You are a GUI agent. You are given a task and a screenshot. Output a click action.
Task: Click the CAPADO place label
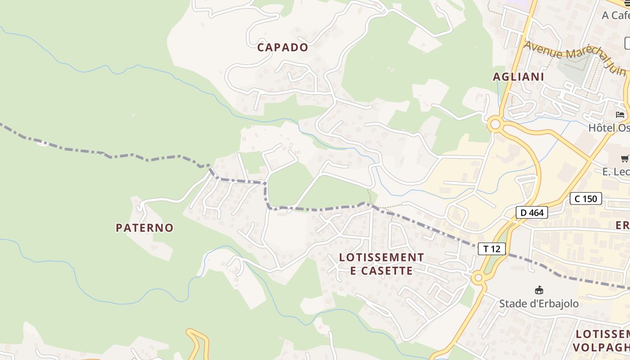click(x=283, y=47)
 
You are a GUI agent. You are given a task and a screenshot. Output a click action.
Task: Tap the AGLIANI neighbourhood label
click(x=518, y=76)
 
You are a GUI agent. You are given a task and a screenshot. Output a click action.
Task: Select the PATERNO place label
click(x=144, y=228)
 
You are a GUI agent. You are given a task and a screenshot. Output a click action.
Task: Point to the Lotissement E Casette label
click(x=381, y=264)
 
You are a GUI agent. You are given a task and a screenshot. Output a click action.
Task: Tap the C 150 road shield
click(x=585, y=198)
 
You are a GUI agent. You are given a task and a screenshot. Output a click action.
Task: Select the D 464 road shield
click(x=531, y=212)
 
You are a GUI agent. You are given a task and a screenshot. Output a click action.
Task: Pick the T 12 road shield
click(x=491, y=248)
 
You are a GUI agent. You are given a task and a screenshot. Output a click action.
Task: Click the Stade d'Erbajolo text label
click(x=539, y=304)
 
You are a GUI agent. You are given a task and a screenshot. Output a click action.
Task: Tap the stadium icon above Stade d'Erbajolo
click(x=539, y=289)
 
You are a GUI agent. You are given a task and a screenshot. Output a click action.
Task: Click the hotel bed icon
click(x=621, y=115)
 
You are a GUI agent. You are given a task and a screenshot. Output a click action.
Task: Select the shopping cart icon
click(x=625, y=158)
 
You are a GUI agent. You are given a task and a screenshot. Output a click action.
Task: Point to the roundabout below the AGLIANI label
click(x=495, y=124)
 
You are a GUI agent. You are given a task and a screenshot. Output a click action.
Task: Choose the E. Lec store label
click(x=616, y=171)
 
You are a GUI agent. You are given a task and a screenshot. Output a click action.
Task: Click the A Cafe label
click(x=616, y=15)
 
